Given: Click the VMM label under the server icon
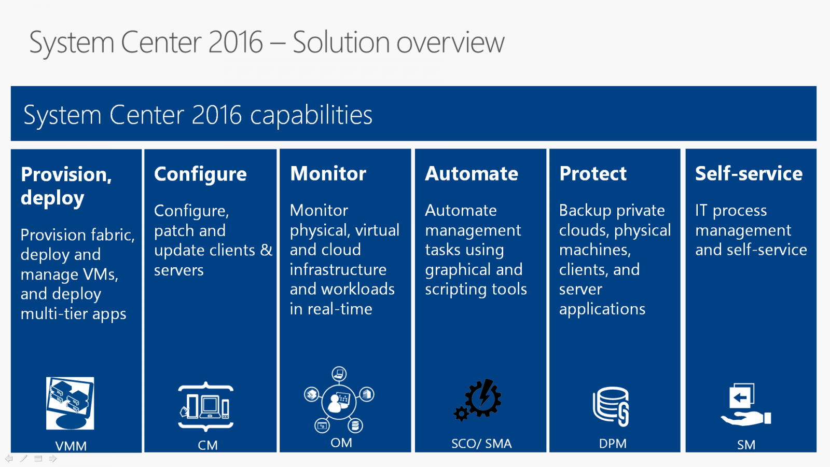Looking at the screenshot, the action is click(71, 446).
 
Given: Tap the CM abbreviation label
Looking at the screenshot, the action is click(208, 445).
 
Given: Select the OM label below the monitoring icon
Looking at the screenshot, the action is click(341, 443).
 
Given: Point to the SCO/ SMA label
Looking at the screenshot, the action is click(481, 443).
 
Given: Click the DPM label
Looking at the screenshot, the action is click(613, 443).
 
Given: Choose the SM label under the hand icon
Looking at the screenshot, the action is click(746, 445).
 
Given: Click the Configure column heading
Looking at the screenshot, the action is click(200, 174).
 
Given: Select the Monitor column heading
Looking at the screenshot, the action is click(328, 173).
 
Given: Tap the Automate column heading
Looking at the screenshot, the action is click(472, 173).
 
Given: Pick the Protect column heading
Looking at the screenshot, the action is click(593, 173).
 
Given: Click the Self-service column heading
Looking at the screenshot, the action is click(749, 173).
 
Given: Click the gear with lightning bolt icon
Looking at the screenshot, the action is click(478, 400).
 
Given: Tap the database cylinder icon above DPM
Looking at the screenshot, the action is click(611, 406).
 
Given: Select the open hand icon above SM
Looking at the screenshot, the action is click(745, 418).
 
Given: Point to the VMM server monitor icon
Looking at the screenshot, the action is click(70, 403).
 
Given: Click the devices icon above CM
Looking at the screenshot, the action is click(206, 407).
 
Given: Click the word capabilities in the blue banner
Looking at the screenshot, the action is click(311, 115).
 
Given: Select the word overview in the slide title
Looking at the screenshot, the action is click(451, 43).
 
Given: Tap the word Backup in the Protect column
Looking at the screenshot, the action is click(585, 211).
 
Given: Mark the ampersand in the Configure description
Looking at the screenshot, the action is click(266, 250).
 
